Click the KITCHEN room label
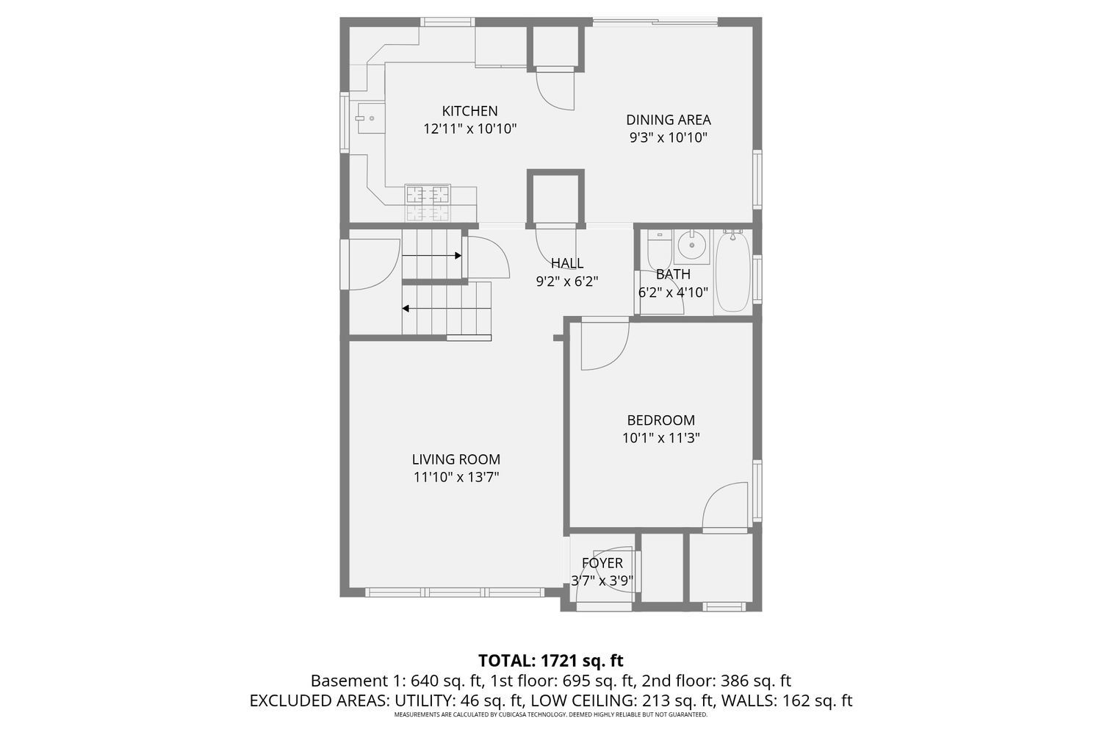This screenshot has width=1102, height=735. [x=469, y=111]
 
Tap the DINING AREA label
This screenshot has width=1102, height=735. [x=668, y=120]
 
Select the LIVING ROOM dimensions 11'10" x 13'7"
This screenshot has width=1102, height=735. [x=455, y=477]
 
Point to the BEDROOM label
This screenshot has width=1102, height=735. [x=660, y=420]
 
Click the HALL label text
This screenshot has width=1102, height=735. [x=567, y=263]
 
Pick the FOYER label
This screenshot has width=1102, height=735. [x=602, y=563]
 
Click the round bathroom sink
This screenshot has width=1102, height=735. [x=691, y=246]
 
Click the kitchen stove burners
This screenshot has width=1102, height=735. [x=428, y=195]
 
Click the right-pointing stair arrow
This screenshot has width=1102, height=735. [x=432, y=256]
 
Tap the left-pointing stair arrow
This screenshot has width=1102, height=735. [x=446, y=308]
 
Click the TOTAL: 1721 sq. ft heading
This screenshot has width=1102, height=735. [x=550, y=660]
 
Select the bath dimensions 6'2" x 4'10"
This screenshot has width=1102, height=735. [x=673, y=292]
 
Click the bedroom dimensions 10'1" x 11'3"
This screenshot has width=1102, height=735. [x=660, y=438]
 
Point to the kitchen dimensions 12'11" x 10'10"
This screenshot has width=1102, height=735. [x=470, y=129]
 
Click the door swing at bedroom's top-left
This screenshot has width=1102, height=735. [x=602, y=345]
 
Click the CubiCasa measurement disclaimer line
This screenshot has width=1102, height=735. [x=550, y=714]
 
